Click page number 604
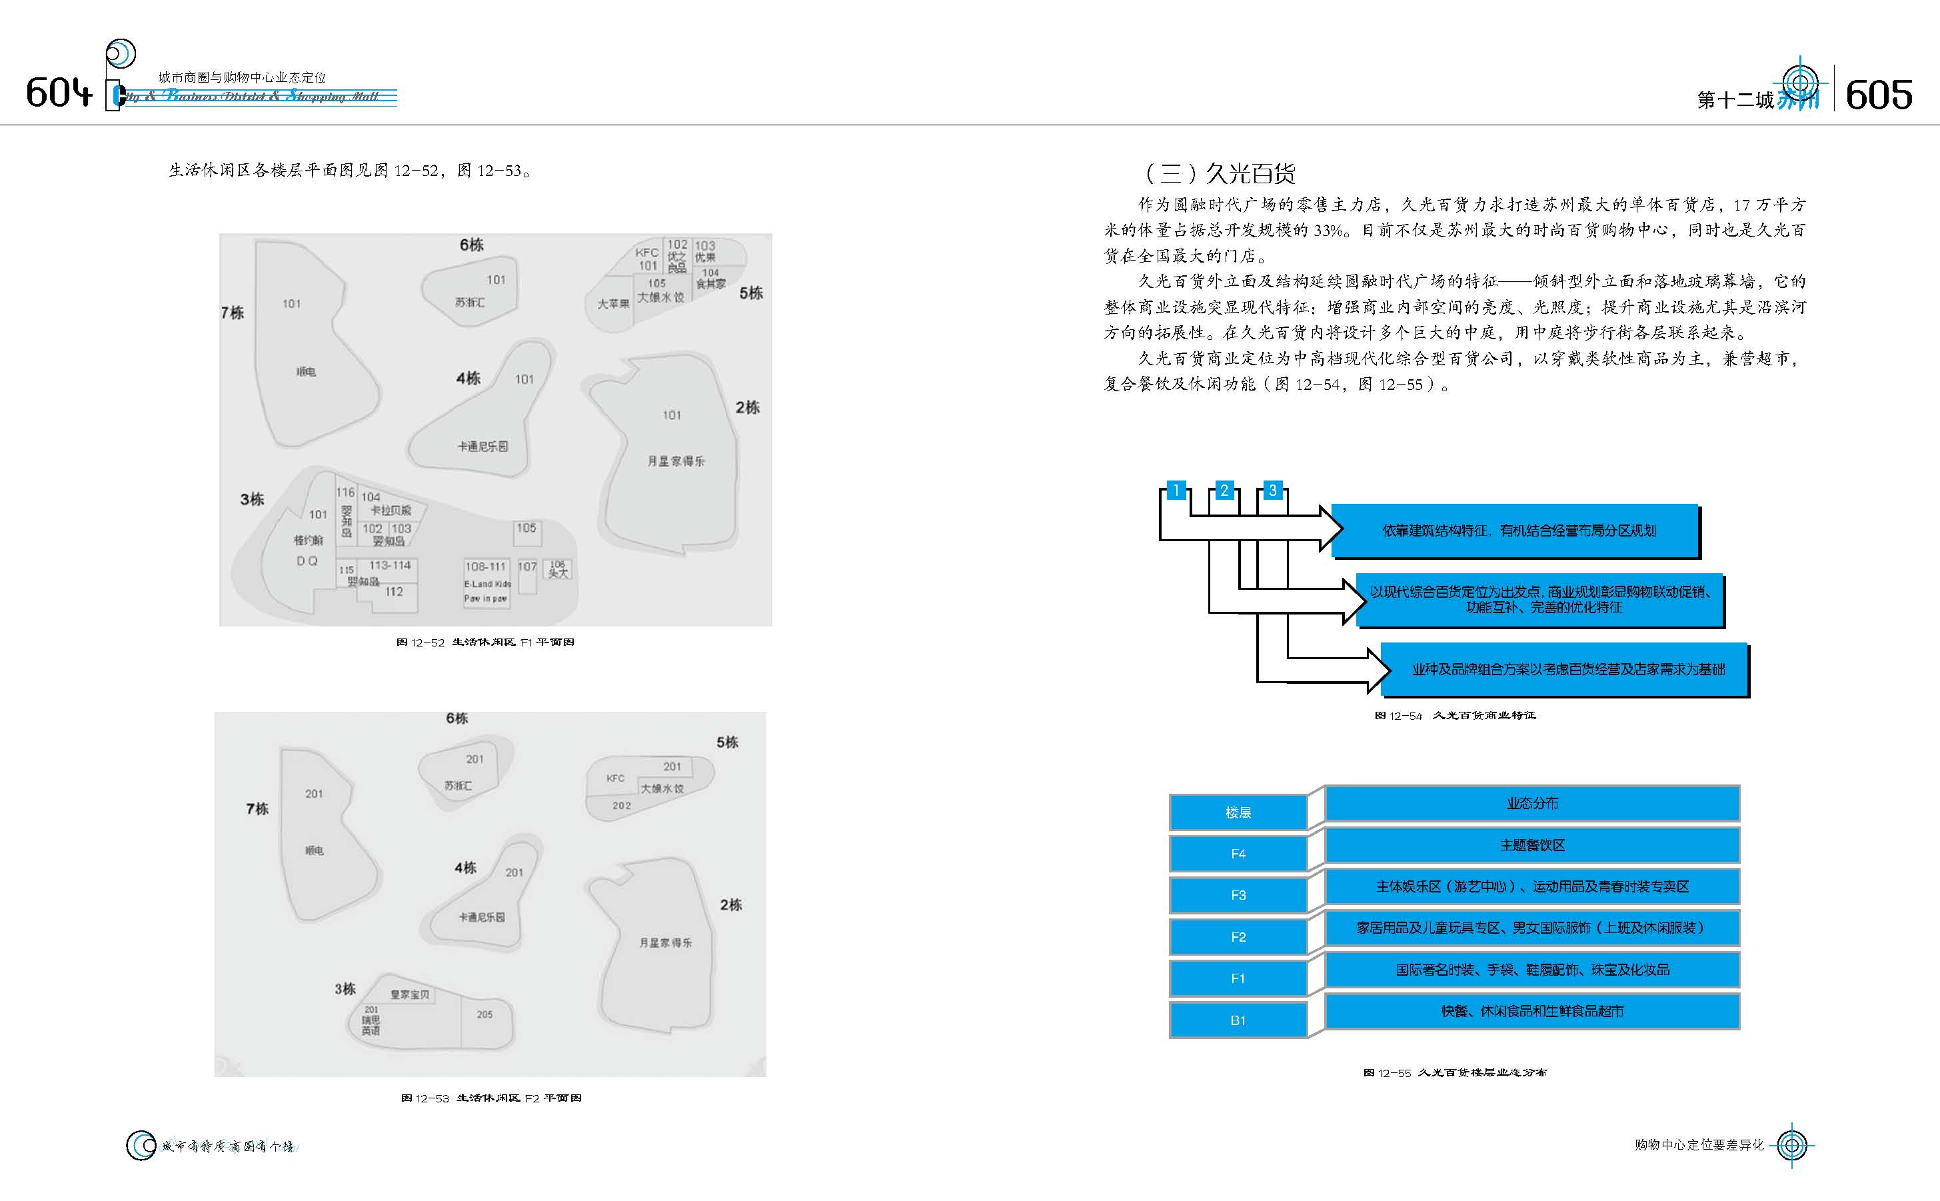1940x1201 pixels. (58, 93)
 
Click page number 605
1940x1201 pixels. (1878, 96)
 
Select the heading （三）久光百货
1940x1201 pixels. (1219, 173)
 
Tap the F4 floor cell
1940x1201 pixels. (1238, 854)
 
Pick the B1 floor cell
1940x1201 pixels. (1238, 1020)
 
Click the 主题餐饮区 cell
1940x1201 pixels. (1532, 845)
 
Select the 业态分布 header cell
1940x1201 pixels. (1532, 803)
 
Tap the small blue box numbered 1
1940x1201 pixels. (1176, 490)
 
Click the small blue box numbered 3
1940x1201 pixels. (1273, 490)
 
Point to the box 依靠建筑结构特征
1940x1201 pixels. (1518, 531)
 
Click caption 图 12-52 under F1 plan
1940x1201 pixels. (485, 642)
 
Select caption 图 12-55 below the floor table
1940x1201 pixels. (1455, 1072)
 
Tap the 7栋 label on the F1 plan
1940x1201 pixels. (233, 313)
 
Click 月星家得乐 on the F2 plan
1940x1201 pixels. (666, 943)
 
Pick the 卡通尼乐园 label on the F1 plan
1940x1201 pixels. (482, 447)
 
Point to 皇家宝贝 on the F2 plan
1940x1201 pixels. (410, 994)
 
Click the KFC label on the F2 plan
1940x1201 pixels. (615, 778)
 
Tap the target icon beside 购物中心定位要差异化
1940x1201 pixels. (1791, 1144)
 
